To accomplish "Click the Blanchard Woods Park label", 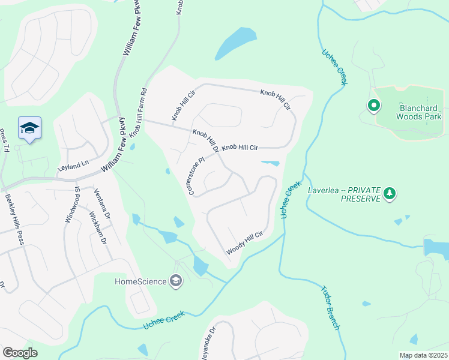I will [x=412, y=112].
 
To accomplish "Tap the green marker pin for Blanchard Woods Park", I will [x=374, y=107].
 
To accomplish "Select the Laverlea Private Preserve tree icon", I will [x=390, y=193].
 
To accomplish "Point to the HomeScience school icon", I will [x=175, y=281].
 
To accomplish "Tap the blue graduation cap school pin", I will [x=29, y=128].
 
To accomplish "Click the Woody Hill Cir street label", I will [x=244, y=243].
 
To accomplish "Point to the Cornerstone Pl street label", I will [x=197, y=176].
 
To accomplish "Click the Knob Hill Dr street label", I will [x=205, y=140].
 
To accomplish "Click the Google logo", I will [x=20, y=353].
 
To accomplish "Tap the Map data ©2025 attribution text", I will [x=423, y=355].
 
